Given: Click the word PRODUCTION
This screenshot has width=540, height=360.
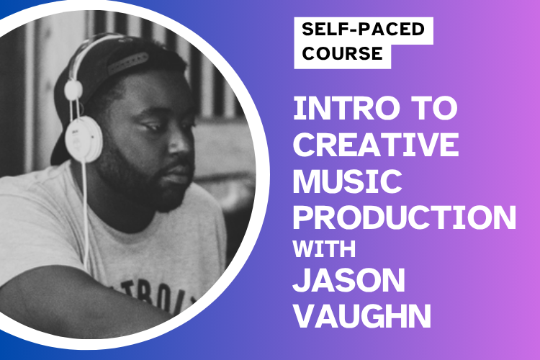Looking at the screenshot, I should click(x=405, y=217).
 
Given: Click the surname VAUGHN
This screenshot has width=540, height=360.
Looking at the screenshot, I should click(x=361, y=317).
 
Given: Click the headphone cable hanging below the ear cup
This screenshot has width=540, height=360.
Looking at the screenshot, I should click(x=84, y=209).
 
